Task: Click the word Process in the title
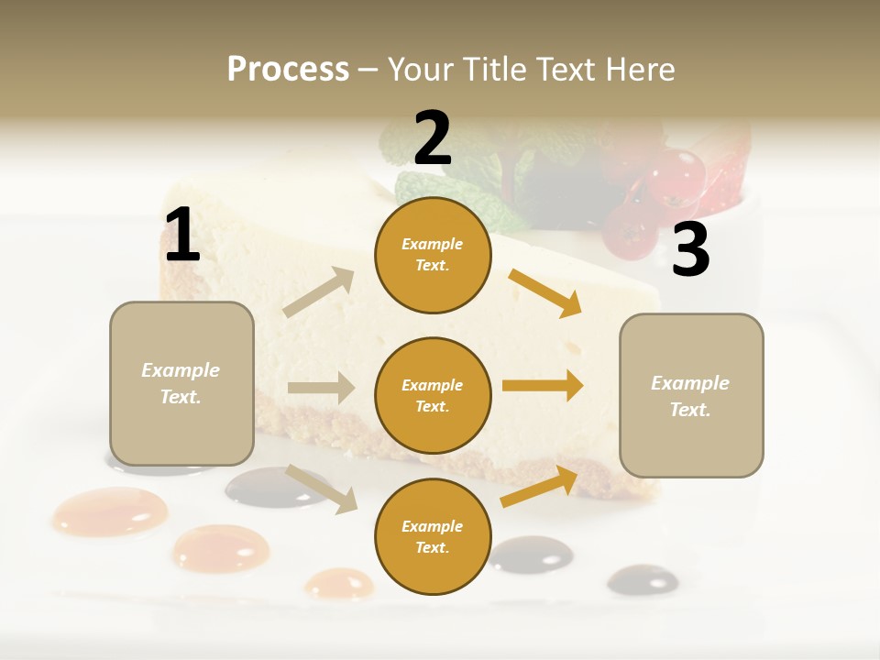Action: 288,69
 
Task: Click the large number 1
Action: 182,236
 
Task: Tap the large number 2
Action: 433,137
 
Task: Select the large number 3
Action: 691,249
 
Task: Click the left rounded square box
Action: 181,383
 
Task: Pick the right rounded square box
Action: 691,395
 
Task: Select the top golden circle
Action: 433,255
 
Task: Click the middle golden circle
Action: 433,395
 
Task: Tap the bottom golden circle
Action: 433,536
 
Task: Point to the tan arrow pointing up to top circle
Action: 320,292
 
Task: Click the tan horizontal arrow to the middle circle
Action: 321,388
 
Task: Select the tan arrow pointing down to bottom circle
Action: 322,488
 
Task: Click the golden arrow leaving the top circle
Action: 544,292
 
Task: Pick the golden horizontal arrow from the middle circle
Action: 543,386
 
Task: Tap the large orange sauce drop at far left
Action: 110,511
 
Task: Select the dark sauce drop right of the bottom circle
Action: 531,554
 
